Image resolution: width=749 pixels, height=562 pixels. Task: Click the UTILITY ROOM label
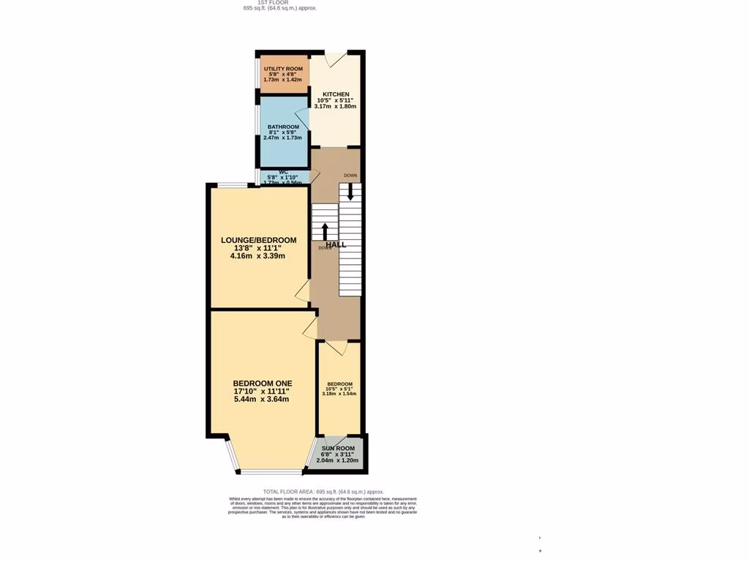click(x=283, y=69)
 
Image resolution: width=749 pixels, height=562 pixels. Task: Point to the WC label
click(x=283, y=173)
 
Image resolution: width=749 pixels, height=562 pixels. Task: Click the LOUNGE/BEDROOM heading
click(x=259, y=240)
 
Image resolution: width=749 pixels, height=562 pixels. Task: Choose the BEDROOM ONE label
click(x=262, y=383)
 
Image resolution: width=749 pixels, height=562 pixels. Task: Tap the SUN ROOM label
click(x=337, y=448)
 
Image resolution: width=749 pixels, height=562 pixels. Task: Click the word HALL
click(x=336, y=244)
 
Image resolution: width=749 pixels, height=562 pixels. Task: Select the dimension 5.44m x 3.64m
click(x=262, y=400)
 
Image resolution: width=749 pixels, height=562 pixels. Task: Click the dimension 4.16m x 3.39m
click(x=257, y=256)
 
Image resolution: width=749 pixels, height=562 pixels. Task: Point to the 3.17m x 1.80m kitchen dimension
click(x=335, y=107)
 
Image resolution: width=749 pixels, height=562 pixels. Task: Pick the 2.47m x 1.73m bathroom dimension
click(x=282, y=138)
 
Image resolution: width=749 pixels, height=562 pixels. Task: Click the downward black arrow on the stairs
click(x=350, y=191)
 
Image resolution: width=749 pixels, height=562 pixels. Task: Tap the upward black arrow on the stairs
click(x=325, y=231)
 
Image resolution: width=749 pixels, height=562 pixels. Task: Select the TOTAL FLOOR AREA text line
click(x=323, y=492)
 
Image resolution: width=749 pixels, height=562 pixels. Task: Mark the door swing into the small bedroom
click(x=336, y=348)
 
